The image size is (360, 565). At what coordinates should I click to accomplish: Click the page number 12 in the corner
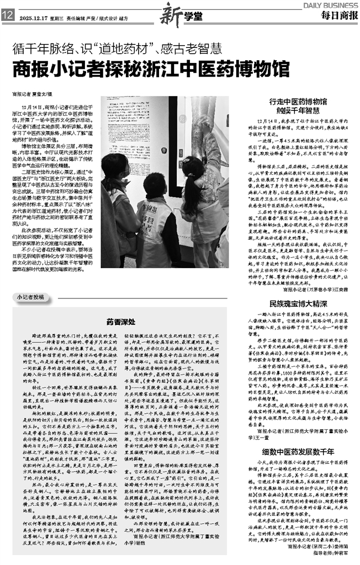click(8, 17)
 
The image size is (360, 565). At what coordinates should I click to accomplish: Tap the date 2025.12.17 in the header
click(34, 17)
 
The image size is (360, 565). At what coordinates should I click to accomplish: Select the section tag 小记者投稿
click(32, 297)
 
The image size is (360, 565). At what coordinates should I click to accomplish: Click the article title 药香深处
click(118, 320)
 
